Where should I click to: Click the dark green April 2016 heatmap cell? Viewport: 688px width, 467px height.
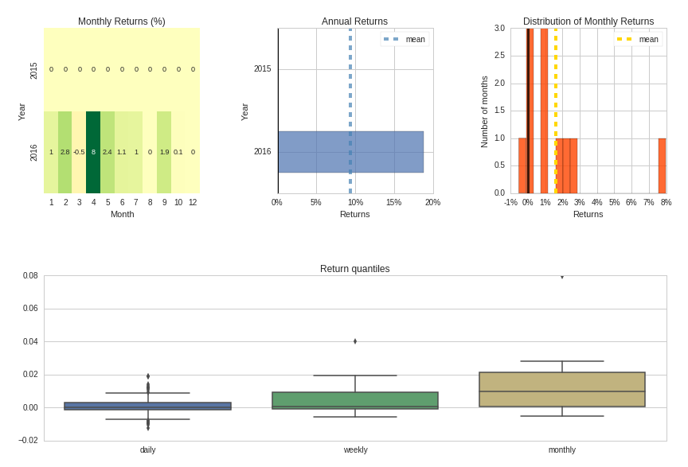tap(93, 152)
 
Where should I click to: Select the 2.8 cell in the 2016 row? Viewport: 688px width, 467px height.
tap(65, 152)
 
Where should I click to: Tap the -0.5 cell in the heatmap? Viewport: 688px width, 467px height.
tap(79, 152)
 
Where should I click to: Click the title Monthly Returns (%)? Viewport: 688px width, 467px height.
tap(122, 21)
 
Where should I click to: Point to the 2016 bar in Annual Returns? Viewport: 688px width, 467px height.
tap(350, 152)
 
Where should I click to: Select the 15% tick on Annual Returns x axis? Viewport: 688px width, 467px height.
tap(393, 203)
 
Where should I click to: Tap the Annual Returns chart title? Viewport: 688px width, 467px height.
tap(354, 21)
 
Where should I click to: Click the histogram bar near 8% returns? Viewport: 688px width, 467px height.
tap(662, 165)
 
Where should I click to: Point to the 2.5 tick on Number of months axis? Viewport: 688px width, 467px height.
tap(499, 56)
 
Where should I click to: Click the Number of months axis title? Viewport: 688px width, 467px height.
tap(484, 111)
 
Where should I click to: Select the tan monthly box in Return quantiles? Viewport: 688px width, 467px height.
tap(562, 389)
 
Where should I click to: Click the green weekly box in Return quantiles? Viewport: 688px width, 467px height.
tap(355, 400)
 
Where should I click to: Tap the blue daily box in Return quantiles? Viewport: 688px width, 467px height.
tap(147, 406)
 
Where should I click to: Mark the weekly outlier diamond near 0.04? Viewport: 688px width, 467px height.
tap(355, 341)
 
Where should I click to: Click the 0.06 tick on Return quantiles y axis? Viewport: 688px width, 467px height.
tap(30, 309)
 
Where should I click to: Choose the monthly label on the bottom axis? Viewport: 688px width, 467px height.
tap(562, 450)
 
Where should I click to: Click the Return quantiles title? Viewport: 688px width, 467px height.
tap(354, 269)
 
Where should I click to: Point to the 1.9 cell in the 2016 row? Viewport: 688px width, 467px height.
tap(164, 152)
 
